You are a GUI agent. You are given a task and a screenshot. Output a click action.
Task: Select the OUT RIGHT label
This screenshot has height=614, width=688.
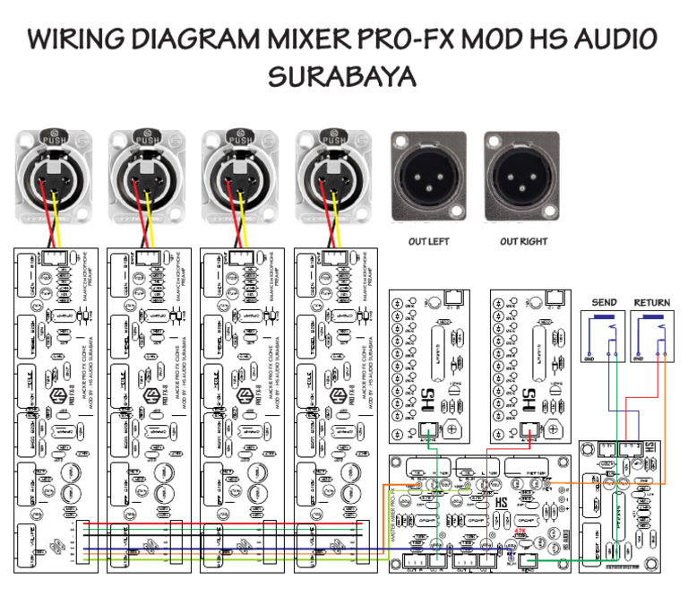524,242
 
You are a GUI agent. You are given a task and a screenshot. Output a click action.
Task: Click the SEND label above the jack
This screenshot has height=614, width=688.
604,303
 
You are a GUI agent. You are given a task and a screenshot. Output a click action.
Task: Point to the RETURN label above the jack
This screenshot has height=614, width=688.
651,303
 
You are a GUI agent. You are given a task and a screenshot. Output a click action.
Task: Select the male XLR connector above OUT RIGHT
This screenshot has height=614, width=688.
521,177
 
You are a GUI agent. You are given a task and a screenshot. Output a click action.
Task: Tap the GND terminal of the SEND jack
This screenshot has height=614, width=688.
589,359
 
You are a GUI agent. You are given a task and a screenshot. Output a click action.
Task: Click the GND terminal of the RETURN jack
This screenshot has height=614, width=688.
638,359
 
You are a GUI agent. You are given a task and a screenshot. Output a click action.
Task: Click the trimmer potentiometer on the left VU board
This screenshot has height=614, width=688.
452,430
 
